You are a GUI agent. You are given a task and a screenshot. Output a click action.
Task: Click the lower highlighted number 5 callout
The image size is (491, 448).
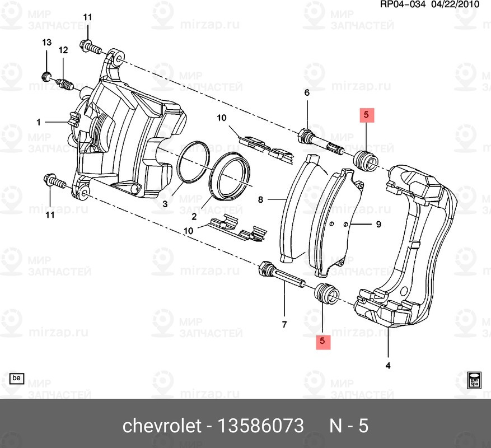(x=322, y=340)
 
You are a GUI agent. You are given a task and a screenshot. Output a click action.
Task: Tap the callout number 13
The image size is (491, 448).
(x=46, y=43)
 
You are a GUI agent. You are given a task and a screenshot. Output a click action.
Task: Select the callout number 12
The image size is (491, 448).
(x=63, y=50)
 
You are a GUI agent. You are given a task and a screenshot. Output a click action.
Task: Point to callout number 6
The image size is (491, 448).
(x=307, y=93)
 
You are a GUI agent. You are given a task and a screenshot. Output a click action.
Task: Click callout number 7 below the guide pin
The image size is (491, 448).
(x=284, y=325)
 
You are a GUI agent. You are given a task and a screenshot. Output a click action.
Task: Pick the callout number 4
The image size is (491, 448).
(x=388, y=366)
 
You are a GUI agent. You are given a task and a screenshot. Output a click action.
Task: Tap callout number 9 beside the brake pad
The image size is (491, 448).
(x=378, y=225)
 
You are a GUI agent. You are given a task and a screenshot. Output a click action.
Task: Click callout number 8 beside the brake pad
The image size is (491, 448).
(x=260, y=199)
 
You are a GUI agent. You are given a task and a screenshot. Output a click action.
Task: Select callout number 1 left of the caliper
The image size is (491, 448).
(x=39, y=122)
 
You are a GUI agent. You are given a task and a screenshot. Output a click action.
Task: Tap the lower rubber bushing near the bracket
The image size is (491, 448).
(x=325, y=293)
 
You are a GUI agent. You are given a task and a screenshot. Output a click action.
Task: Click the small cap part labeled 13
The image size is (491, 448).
(x=47, y=76)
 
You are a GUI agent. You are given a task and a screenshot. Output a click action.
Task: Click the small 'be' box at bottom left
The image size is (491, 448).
(x=17, y=379)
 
